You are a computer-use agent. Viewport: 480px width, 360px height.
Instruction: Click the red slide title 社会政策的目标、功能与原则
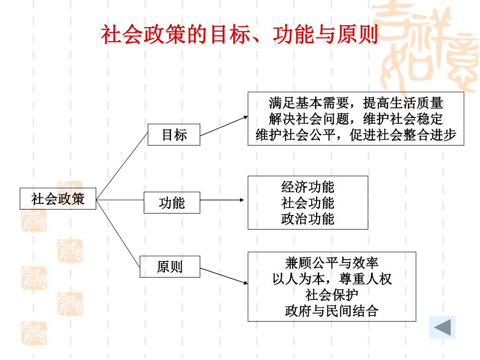[240, 35]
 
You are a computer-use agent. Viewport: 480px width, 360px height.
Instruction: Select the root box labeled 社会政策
[58, 199]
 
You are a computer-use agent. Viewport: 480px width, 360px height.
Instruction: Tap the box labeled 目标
[174, 135]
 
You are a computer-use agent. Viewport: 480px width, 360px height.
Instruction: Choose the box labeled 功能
[172, 202]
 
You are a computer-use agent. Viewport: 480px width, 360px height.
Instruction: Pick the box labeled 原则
[170, 267]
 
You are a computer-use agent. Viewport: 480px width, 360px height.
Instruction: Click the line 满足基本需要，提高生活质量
[356, 103]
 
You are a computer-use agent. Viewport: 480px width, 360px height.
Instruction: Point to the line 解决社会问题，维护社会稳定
[356, 119]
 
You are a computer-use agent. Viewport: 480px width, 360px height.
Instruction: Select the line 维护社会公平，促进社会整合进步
[356, 135]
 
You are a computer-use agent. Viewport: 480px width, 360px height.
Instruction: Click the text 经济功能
[307, 187]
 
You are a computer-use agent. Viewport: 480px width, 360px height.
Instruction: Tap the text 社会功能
[307, 203]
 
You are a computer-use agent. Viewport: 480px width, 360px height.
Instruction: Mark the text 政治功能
[307, 219]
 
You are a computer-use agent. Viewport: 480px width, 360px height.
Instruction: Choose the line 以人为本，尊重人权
[332, 279]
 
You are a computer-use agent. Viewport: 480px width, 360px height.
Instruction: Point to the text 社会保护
[332, 295]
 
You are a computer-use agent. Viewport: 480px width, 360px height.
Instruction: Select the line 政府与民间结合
[332, 311]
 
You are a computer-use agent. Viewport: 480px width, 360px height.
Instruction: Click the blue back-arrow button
[442, 327]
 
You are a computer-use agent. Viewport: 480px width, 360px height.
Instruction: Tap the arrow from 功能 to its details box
[221, 200]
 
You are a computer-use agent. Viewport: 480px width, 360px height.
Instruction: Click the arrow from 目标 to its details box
[223, 126]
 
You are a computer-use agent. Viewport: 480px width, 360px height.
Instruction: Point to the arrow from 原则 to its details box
[223, 276]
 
